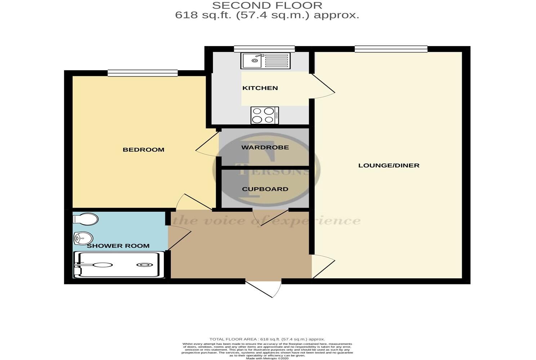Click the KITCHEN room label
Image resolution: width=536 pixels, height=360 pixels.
point(260,88)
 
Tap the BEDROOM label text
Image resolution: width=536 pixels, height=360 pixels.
point(143,149)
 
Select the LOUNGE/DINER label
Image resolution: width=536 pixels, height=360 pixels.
point(389,165)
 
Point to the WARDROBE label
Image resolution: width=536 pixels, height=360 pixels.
point(265,147)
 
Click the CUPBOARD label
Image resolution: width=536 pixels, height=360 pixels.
point(265,189)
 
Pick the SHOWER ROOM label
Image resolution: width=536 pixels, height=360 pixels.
point(118,246)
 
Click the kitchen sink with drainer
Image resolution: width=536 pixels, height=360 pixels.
point(265,60)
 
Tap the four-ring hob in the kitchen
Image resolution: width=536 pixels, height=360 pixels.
point(265,116)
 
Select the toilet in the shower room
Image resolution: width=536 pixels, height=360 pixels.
point(86,219)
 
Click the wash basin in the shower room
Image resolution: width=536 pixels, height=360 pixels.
point(83,238)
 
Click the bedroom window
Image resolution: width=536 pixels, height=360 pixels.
point(142,73)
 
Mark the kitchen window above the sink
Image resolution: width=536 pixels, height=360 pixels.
point(264,49)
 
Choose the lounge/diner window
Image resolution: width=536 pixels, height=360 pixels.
point(391,49)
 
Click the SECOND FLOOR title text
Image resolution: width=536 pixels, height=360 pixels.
point(267,5)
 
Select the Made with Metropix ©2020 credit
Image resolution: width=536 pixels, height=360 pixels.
point(267,358)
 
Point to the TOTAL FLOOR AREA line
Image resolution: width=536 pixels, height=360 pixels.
point(267,339)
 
